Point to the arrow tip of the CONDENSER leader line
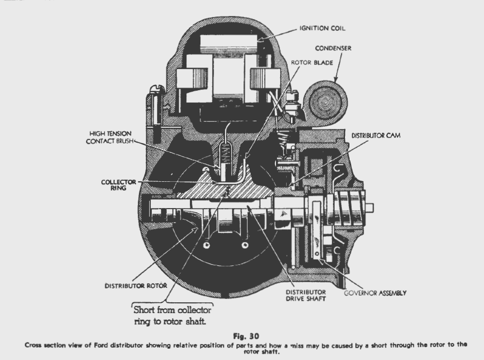(336, 81)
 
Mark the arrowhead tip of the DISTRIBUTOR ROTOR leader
(198, 228)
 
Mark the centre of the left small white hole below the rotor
(206, 245)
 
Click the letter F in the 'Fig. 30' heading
(235, 336)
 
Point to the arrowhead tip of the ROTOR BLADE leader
(246, 159)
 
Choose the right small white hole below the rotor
(245, 245)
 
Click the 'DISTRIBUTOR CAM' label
(376, 135)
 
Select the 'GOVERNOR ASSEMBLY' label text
(375, 293)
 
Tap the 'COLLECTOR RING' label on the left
(118, 185)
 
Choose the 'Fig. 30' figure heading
(246, 336)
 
